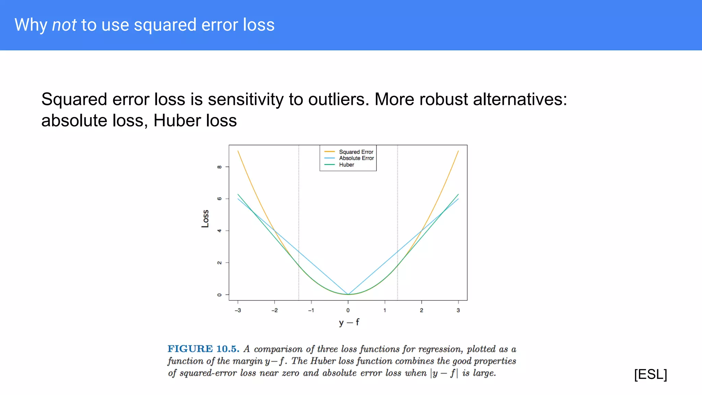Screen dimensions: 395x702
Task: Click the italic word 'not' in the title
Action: click(64, 25)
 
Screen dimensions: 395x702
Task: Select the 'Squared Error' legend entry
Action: click(356, 152)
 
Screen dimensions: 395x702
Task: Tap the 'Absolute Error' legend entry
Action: click(356, 158)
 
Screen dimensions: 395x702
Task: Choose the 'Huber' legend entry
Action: click(347, 165)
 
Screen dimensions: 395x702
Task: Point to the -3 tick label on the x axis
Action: click(238, 310)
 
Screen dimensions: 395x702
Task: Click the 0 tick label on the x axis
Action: click(348, 310)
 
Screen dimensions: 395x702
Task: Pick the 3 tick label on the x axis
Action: click(458, 310)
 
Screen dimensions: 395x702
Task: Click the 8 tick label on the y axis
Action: click(219, 167)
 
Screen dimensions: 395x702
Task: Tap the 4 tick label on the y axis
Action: click(219, 231)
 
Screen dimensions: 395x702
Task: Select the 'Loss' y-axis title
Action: click(205, 219)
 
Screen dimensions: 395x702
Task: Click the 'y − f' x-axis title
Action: click(349, 322)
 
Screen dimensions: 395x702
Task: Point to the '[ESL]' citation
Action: click(650, 374)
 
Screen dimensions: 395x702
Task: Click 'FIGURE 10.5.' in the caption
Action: click(203, 349)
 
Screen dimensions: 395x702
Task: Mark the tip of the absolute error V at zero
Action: click(348, 294)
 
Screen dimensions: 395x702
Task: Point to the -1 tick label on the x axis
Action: click(311, 310)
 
